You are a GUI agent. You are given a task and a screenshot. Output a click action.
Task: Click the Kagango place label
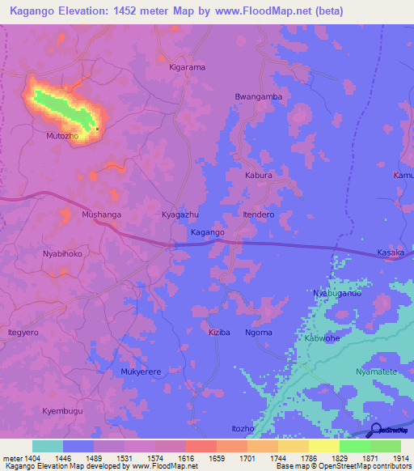[207, 232]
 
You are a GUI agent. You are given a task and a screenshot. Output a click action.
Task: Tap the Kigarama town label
[187, 67]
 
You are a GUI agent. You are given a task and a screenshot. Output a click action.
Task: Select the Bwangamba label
[258, 96]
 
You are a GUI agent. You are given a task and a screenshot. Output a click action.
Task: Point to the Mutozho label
[61, 136]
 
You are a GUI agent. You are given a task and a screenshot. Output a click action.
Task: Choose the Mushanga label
[102, 214]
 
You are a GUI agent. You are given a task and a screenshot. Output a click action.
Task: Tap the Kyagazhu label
[180, 214]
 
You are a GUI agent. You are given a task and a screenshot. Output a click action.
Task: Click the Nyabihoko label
[62, 253]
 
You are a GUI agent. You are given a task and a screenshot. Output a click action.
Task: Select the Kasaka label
[391, 253]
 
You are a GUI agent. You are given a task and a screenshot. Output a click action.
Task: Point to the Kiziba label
[219, 333]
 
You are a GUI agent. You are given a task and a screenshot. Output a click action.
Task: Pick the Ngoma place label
[259, 333]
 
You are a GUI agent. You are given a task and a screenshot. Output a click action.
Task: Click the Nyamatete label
[376, 371]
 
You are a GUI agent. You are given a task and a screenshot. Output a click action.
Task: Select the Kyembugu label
[62, 411]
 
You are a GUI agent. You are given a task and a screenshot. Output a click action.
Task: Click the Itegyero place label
[24, 333]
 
